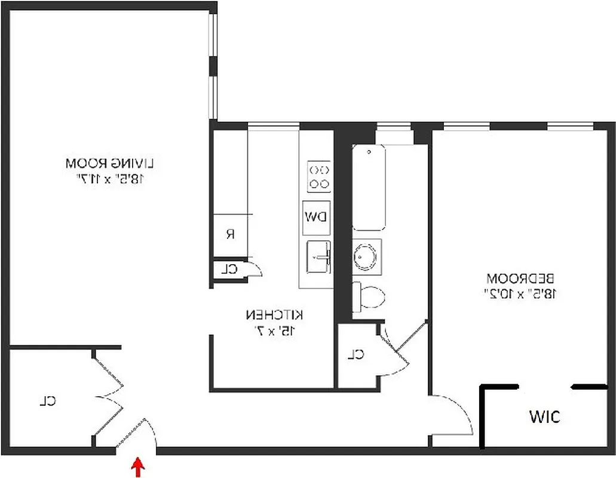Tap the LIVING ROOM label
pos(111,162)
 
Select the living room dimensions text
pos(111,178)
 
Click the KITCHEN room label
pos(275,314)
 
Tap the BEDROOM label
pos(521,278)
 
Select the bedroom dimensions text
pos(521,293)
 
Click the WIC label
pos(544,416)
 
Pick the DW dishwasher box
pos(315,216)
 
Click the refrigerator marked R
pos(230,234)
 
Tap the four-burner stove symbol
pos(319,176)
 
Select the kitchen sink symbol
pos(319,257)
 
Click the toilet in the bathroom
pos(368,296)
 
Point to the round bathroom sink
pos(366,256)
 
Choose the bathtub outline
pos(368,186)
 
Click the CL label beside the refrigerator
pos(229,269)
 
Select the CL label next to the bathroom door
pos(356,354)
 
